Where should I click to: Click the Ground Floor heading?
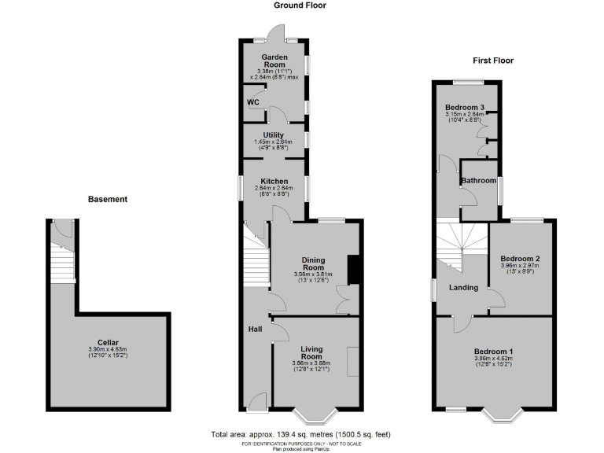click(300, 6)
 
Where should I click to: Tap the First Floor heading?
click(493, 61)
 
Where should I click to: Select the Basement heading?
click(107, 200)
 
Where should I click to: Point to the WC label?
click(253, 102)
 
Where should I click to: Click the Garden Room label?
click(274, 61)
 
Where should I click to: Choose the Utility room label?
click(273, 135)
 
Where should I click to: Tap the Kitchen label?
click(273, 182)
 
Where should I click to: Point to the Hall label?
click(255, 329)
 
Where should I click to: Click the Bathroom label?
click(479, 181)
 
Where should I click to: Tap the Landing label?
click(463, 288)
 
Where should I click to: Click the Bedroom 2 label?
click(520, 259)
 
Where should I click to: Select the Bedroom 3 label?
click(464, 107)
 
